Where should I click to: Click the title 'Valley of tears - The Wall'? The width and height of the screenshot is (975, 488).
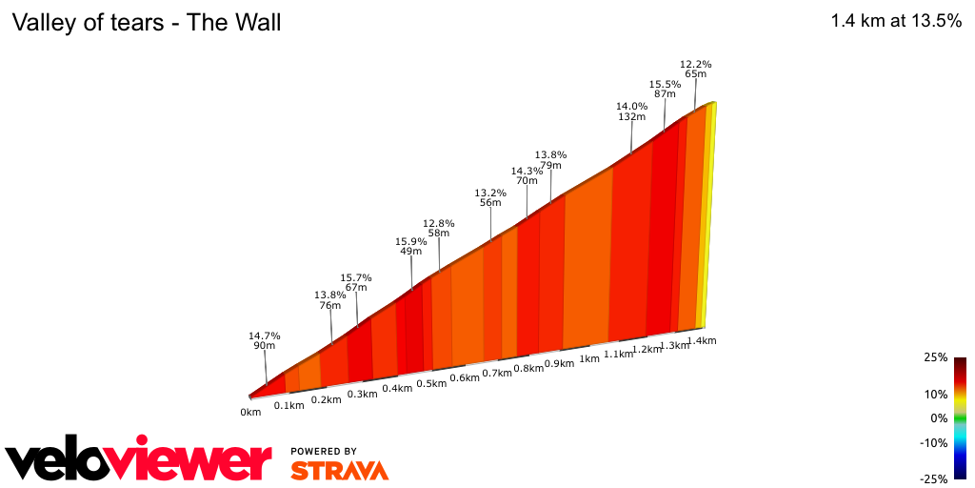click(146, 22)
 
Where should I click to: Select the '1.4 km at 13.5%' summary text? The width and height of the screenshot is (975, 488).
click(896, 22)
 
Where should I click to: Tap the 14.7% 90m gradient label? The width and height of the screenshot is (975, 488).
click(264, 341)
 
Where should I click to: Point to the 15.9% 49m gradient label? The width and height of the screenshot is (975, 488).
click(410, 247)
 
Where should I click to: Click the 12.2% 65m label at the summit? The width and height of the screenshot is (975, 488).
click(695, 69)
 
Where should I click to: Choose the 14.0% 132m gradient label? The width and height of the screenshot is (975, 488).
click(631, 112)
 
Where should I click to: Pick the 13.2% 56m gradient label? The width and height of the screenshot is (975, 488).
click(490, 197)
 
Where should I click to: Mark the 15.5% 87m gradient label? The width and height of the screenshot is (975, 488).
click(665, 89)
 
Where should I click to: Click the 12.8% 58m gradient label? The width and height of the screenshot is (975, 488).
click(439, 228)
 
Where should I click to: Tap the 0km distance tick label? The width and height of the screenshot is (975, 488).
click(250, 413)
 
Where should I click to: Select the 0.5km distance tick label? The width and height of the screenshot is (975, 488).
click(431, 384)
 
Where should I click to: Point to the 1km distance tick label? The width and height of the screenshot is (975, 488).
click(589, 359)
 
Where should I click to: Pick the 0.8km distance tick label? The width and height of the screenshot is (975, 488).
click(528, 369)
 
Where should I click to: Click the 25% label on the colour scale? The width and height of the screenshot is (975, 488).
click(936, 357)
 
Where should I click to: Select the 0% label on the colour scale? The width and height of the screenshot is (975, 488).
click(939, 418)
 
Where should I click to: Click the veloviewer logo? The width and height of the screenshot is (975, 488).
click(139, 462)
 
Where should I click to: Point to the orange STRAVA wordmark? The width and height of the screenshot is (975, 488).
click(339, 470)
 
